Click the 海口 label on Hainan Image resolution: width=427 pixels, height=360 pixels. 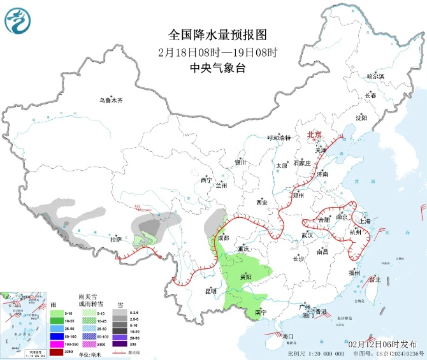[287, 336]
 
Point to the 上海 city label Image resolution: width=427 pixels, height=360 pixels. [365, 221]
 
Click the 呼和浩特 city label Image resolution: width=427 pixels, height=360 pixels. [279, 138]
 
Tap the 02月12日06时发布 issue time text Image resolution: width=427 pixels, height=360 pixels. [384, 343]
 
